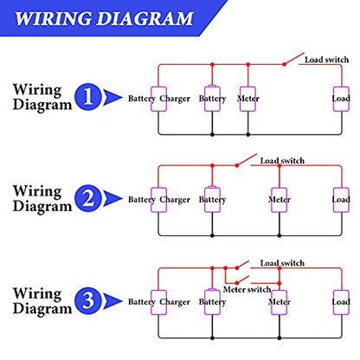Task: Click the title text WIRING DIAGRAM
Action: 104,18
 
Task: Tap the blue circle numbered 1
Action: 88,97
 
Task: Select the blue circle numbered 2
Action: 88,198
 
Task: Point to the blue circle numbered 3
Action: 88,301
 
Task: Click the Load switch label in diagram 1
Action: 326,60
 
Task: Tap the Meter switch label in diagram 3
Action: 247,289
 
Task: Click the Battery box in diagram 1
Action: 212,99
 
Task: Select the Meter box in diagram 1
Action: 247,99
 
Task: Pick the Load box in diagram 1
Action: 341,99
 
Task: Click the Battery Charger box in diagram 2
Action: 158,200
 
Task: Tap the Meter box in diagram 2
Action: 280,200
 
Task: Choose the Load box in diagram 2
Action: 341,200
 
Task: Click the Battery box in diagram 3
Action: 212,302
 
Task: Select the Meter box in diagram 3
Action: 280,302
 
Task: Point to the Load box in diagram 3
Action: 341,302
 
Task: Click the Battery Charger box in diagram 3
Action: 158,302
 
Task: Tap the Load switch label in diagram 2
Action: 282,161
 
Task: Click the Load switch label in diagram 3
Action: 282,263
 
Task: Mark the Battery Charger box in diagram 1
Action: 158,99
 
